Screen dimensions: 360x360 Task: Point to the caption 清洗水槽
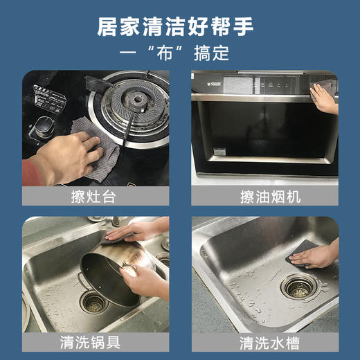click(x=265, y=341)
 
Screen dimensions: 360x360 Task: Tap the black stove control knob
click(x=45, y=129)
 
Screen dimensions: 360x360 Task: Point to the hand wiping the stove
click(x=69, y=156)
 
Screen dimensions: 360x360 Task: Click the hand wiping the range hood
click(x=323, y=97)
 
